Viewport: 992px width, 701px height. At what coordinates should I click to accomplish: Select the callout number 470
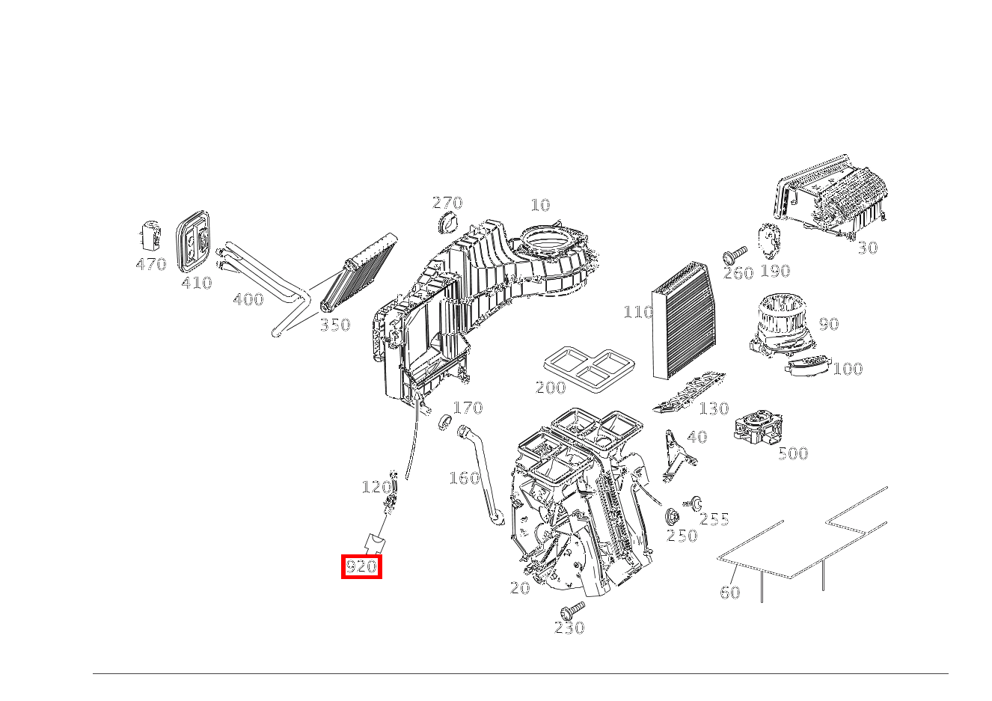[x=150, y=264]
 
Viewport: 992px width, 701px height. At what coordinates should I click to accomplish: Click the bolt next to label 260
[x=735, y=255]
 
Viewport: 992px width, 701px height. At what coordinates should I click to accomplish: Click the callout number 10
[x=539, y=205]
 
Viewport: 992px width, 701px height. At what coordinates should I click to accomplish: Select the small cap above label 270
[x=449, y=222]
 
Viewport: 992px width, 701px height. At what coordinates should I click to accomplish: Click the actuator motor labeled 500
[x=759, y=429]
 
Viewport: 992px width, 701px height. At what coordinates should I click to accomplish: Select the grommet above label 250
[x=673, y=516]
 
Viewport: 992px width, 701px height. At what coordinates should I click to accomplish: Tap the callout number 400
[x=248, y=300]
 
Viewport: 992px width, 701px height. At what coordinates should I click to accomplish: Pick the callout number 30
[x=867, y=248]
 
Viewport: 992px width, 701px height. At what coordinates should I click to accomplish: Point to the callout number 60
[x=729, y=593]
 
